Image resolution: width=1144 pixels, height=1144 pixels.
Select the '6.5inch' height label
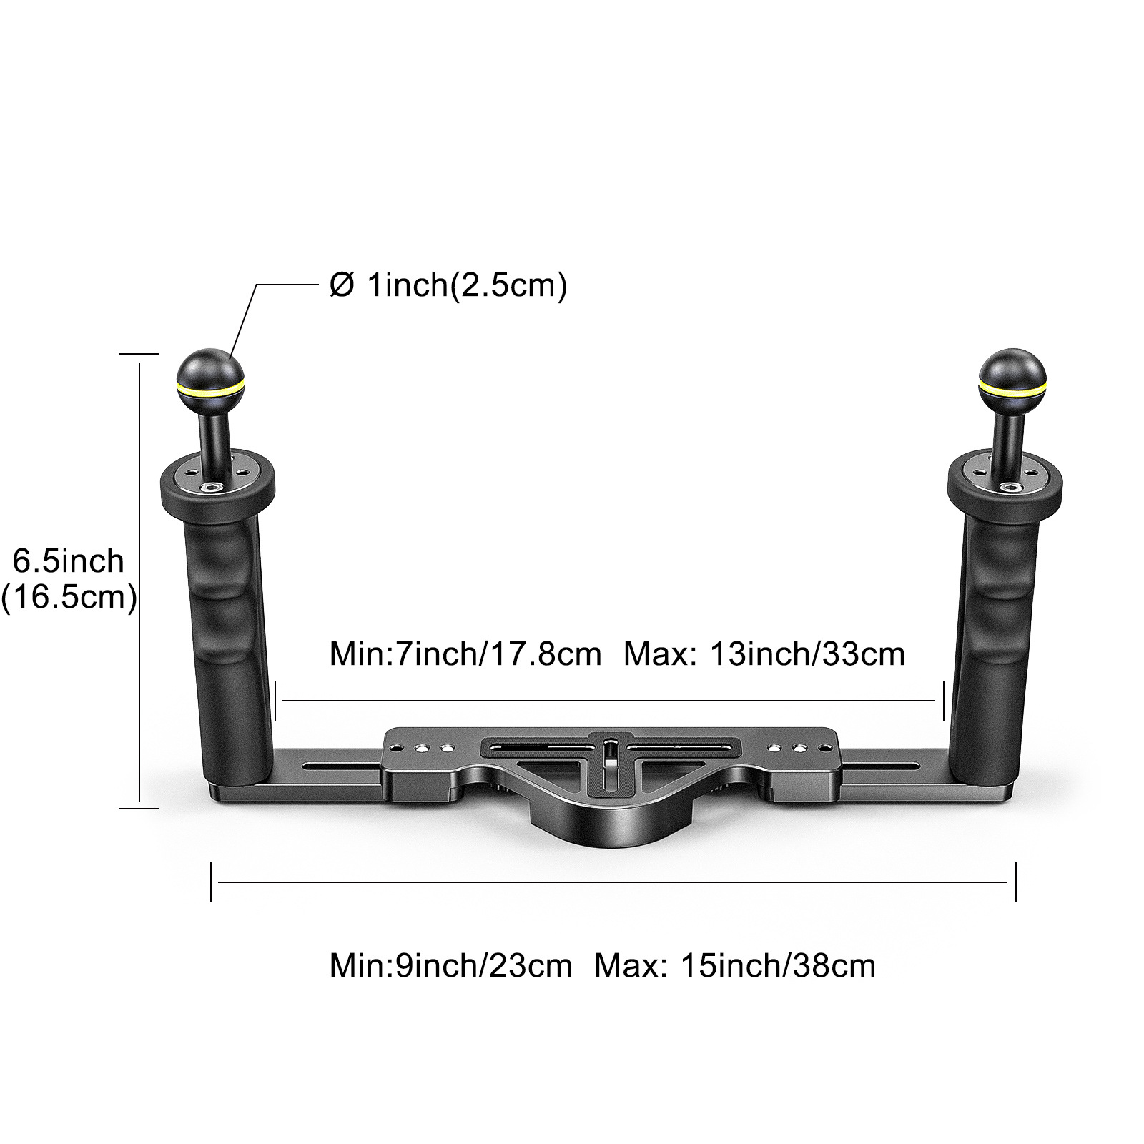(69, 561)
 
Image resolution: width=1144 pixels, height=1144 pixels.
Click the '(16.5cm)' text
(69, 597)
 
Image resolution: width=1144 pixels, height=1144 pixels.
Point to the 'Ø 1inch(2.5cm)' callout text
(448, 285)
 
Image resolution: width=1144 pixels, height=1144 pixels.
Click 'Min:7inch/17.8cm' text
(465, 654)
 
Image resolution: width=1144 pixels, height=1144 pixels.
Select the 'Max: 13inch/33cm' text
(764, 654)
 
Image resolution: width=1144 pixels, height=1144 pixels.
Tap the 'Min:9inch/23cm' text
(450, 966)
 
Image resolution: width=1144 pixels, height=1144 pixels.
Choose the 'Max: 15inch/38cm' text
(735, 966)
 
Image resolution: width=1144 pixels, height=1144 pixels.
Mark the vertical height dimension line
(139, 581)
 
